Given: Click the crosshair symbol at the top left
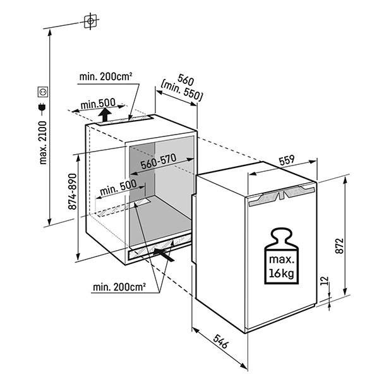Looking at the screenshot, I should [x=91, y=21].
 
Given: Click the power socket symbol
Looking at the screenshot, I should [x=44, y=92].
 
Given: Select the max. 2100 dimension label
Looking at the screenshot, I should [x=44, y=142].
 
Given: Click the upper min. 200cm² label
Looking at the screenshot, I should [x=105, y=77].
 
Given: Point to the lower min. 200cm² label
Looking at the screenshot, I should [x=119, y=287].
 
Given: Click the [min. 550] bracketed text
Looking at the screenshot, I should [x=181, y=93].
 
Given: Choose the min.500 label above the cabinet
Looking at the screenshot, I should [x=98, y=104].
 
